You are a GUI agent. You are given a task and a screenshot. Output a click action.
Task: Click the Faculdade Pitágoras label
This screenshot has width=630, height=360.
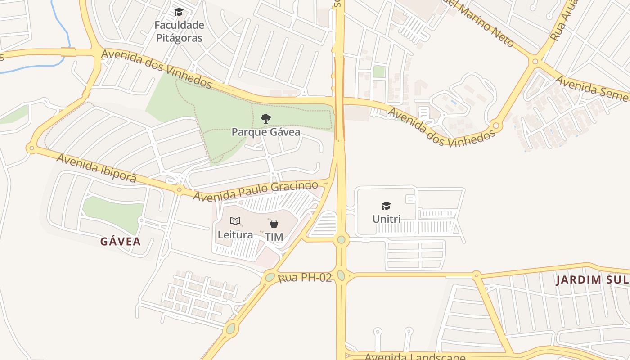179,31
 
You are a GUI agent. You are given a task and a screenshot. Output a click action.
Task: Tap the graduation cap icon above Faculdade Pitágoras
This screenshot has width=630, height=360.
179,12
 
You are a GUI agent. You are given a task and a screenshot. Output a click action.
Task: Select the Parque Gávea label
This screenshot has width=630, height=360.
265,132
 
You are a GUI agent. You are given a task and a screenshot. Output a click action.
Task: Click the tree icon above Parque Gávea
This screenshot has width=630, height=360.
266,119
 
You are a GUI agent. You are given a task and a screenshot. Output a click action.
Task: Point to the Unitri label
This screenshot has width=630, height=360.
386,219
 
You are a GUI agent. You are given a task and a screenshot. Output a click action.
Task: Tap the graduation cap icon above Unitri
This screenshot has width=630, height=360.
386,206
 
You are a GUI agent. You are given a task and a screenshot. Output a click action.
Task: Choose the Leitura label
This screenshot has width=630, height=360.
235,234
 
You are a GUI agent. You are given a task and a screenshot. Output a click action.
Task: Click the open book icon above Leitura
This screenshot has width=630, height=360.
235,221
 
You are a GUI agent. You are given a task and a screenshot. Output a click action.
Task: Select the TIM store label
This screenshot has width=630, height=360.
274,237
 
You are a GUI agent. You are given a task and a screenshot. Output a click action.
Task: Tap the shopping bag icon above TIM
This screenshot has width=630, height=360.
274,223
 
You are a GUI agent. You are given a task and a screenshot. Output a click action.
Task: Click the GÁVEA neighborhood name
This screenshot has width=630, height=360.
121,242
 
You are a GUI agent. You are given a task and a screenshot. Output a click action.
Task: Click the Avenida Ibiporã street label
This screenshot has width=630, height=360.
96,168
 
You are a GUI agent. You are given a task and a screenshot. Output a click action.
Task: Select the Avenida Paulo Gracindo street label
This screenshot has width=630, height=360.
262,190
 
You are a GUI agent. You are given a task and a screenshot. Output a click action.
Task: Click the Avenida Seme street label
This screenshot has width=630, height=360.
592,88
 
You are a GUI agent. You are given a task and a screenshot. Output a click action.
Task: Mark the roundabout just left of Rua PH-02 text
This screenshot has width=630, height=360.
270,277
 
